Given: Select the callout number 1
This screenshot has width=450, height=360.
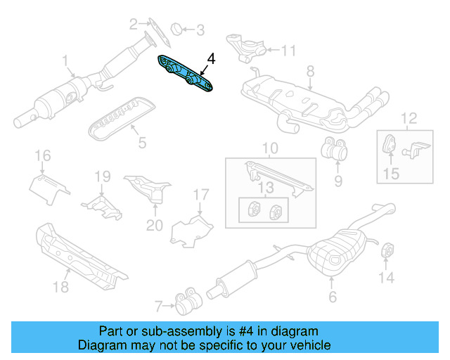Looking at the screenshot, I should pos(65,60).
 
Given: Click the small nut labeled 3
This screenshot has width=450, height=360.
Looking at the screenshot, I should pos(178,29).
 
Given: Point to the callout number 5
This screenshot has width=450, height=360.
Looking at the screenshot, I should pos(142,143).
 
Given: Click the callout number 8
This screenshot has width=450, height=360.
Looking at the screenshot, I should pos(310,70).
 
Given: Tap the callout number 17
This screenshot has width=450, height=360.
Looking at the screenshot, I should pos(201,194).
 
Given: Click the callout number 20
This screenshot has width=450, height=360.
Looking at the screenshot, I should pos(154,225).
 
